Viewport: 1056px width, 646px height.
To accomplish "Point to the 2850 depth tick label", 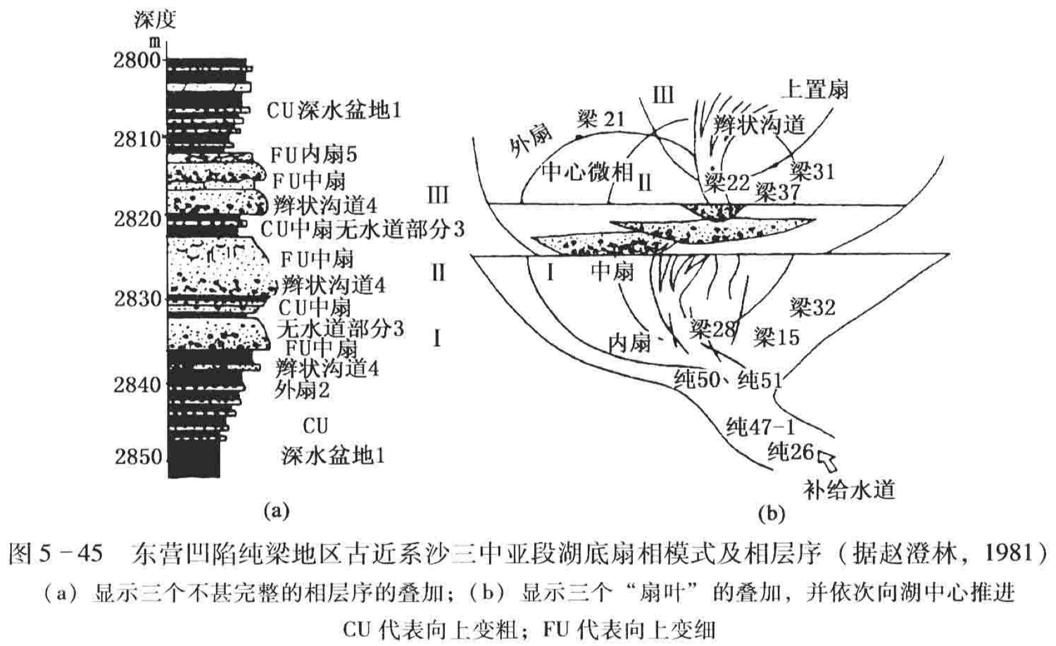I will tap(138, 457).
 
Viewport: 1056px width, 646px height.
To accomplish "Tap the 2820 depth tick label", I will tap(138, 219).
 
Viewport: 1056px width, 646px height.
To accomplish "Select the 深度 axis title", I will tap(154, 19).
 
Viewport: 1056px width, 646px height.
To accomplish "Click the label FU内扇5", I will tap(314, 154).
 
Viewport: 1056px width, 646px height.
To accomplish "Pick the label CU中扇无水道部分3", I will tap(363, 229).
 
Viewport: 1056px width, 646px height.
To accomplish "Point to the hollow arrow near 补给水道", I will tap(826, 461).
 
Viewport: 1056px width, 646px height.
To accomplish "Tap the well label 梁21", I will tap(601, 118).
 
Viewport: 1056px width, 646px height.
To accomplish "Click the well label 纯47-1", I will tap(760, 426).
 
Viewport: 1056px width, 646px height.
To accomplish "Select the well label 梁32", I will tap(812, 308).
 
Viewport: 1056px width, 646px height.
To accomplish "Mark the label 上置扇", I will tap(816, 89).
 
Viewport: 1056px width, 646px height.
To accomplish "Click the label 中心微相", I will tap(587, 171).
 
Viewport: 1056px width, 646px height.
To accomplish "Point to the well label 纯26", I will tap(791, 451).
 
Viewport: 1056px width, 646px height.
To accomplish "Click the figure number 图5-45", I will tap(56, 554).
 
